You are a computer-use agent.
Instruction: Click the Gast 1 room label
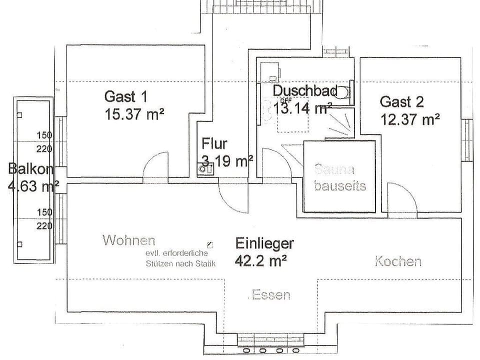coord(125,96)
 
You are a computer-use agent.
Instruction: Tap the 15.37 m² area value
coord(134,114)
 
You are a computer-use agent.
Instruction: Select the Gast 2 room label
coord(401,102)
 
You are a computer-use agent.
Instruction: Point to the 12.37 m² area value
coord(409,119)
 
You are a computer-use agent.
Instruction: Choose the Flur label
coord(214,144)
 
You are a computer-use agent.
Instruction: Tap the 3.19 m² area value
coord(227,161)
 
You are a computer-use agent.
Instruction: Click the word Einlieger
coord(264,243)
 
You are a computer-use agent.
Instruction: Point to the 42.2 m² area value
coord(260,260)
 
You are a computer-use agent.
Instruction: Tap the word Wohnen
coord(128,240)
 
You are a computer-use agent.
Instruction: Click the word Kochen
coord(398,261)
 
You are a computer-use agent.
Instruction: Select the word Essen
coord(270,295)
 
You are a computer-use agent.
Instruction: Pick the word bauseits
coord(340,186)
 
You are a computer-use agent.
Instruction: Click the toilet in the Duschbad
coord(344,93)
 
